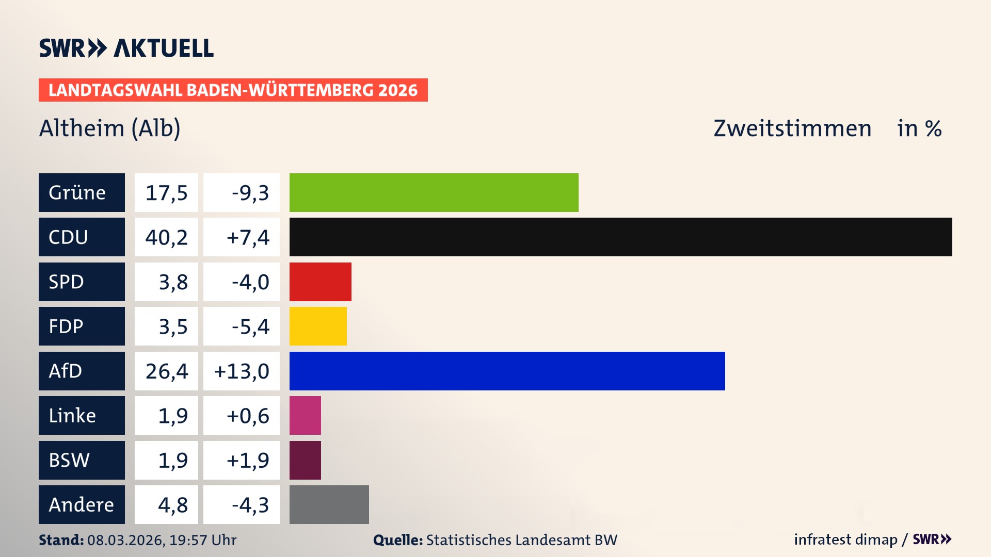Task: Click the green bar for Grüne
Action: pos(434,192)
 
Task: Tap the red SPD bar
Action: pos(320,282)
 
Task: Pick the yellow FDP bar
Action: pos(318,326)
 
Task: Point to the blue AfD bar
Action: pos(507,371)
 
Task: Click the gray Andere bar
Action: pos(329,504)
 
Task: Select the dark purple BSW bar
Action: pos(305,460)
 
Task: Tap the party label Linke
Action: pos(72,416)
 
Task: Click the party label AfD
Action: pos(66,371)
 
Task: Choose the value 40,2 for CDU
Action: pos(166,237)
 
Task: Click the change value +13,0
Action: pos(242,371)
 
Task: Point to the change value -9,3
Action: pos(250,193)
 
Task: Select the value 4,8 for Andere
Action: pos(173,505)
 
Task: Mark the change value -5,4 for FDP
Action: pos(250,326)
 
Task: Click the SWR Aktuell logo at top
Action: pos(126,48)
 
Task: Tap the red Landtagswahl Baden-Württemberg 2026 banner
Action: pos(233,90)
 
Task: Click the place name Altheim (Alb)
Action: pos(109,128)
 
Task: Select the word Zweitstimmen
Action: pos(792,128)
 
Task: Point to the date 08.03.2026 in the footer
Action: pos(125,540)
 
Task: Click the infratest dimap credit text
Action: pos(845,539)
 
